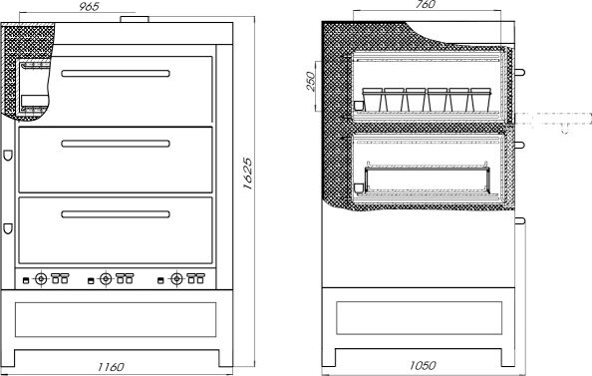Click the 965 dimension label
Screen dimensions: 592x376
tap(89, 6)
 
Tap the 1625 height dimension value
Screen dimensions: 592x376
tap(247, 174)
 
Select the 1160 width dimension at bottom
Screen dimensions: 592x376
tap(111, 367)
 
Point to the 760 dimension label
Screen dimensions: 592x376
tap(426, 5)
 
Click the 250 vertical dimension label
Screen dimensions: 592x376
tap(310, 81)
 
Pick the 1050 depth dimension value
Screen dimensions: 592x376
tap(423, 365)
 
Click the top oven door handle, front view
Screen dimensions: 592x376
tap(116, 74)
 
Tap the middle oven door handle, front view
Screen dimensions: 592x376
tap(116, 144)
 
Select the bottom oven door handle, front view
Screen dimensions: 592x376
tap(116, 214)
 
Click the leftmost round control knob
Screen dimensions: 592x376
tap(41, 279)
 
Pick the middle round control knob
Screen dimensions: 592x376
tap(106, 279)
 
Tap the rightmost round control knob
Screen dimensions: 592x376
tap(176, 279)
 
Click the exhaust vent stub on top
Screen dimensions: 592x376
tap(135, 19)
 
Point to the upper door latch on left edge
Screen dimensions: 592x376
tap(8, 156)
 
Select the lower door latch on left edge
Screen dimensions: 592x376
tap(8, 228)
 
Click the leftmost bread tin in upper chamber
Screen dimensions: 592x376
tap(373, 100)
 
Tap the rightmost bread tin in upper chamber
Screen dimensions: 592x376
tap(480, 100)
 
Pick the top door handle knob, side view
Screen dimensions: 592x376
tap(520, 72)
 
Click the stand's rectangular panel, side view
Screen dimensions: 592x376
tap(419, 318)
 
